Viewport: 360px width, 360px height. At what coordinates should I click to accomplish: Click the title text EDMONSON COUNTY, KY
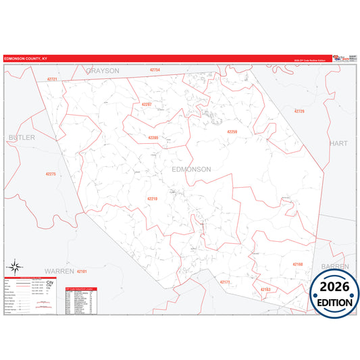pyautogui.click(x=26, y=59)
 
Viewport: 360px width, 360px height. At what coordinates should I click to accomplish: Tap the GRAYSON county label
pyautogui.click(x=103, y=70)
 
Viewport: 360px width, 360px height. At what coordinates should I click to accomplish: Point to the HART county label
pyautogui.click(x=337, y=144)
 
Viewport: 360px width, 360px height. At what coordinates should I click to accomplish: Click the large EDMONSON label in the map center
pyautogui.click(x=192, y=169)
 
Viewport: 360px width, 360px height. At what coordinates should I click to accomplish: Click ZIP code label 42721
pyautogui.click(x=53, y=80)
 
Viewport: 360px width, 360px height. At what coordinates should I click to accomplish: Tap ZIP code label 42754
pyautogui.click(x=155, y=70)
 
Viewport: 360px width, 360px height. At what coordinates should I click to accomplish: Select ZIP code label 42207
pyautogui.click(x=147, y=104)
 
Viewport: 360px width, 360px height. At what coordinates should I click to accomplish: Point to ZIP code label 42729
pyautogui.click(x=299, y=111)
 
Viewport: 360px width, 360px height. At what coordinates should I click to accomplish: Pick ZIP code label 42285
pyautogui.click(x=153, y=137)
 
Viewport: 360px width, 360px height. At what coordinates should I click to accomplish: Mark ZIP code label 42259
pyautogui.click(x=232, y=132)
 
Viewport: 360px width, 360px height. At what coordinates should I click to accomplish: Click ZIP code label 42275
pyautogui.click(x=51, y=174)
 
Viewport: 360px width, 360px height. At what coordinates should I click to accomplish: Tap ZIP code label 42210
pyautogui.click(x=152, y=199)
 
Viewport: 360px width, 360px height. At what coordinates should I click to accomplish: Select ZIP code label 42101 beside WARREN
pyautogui.click(x=82, y=271)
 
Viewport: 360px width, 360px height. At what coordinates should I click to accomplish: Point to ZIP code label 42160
pyautogui.click(x=298, y=263)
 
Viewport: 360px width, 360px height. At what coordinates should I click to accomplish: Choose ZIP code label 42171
pyautogui.click(x=226, y=282)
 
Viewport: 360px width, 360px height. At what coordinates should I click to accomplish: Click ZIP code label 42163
pyautogui.click(x=265, y=289)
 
